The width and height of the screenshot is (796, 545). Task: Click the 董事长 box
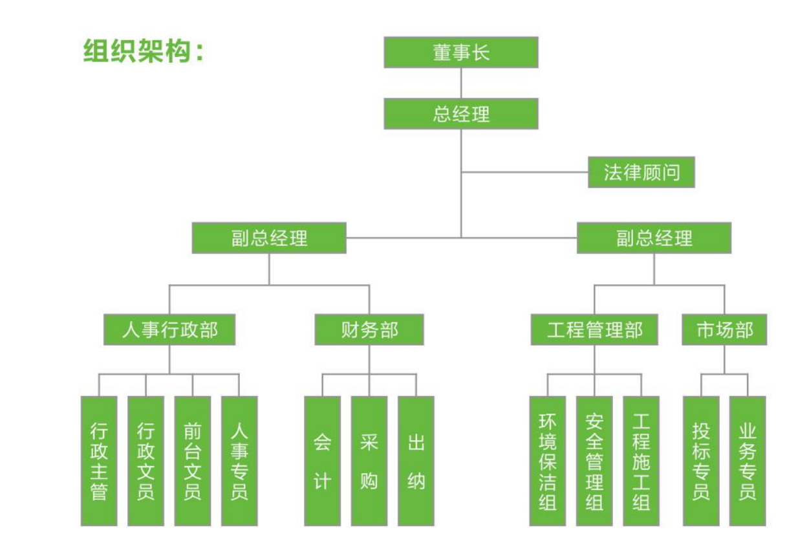[460, 52]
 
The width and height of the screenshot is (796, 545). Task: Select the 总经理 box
[460, 113]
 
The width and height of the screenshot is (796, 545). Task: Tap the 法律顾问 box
[641, 172]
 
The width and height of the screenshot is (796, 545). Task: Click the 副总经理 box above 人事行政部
[269, 238]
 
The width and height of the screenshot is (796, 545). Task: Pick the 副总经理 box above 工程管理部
[654, 238]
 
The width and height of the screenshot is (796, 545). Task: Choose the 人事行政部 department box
[169, 329]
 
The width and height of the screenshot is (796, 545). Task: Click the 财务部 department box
[369, 329]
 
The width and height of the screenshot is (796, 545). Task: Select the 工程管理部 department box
[594, 329]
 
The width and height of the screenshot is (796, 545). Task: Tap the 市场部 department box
[724, 329]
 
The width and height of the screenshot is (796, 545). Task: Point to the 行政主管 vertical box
[99, 460]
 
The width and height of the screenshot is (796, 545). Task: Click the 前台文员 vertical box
[192, 460]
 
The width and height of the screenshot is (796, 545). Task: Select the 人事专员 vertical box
[239, 460]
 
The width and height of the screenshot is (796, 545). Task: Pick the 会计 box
[322, 460]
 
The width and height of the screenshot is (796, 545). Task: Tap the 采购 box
[369, 460]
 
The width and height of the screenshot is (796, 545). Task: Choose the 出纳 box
[416, 460]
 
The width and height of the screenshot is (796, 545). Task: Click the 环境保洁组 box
[547, 460]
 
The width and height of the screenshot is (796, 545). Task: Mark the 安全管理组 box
[594, 460]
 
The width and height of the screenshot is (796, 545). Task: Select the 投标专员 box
[701, 460]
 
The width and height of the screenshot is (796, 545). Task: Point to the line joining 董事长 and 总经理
[461, 83]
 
